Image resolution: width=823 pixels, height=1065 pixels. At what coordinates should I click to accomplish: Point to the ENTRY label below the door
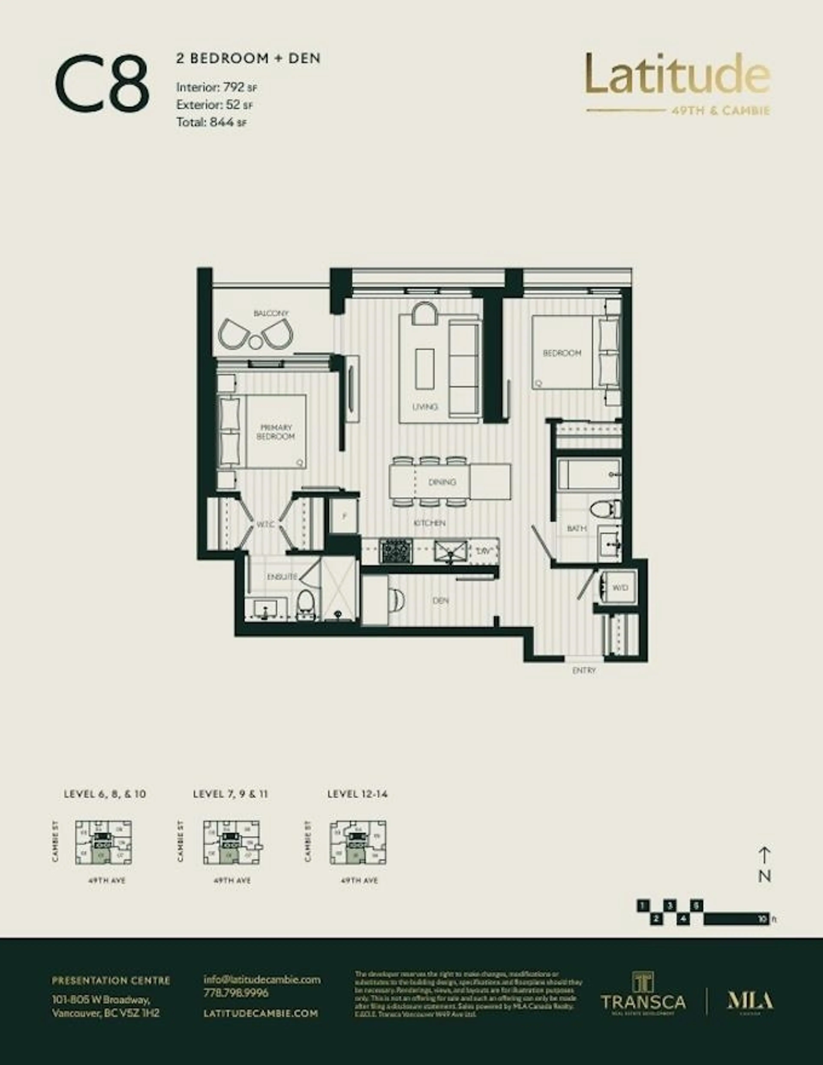point(584,670)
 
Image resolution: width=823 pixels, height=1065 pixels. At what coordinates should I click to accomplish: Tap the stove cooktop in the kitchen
point(396,551)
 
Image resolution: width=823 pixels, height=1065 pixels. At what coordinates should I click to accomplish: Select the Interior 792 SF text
point(216,88)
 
